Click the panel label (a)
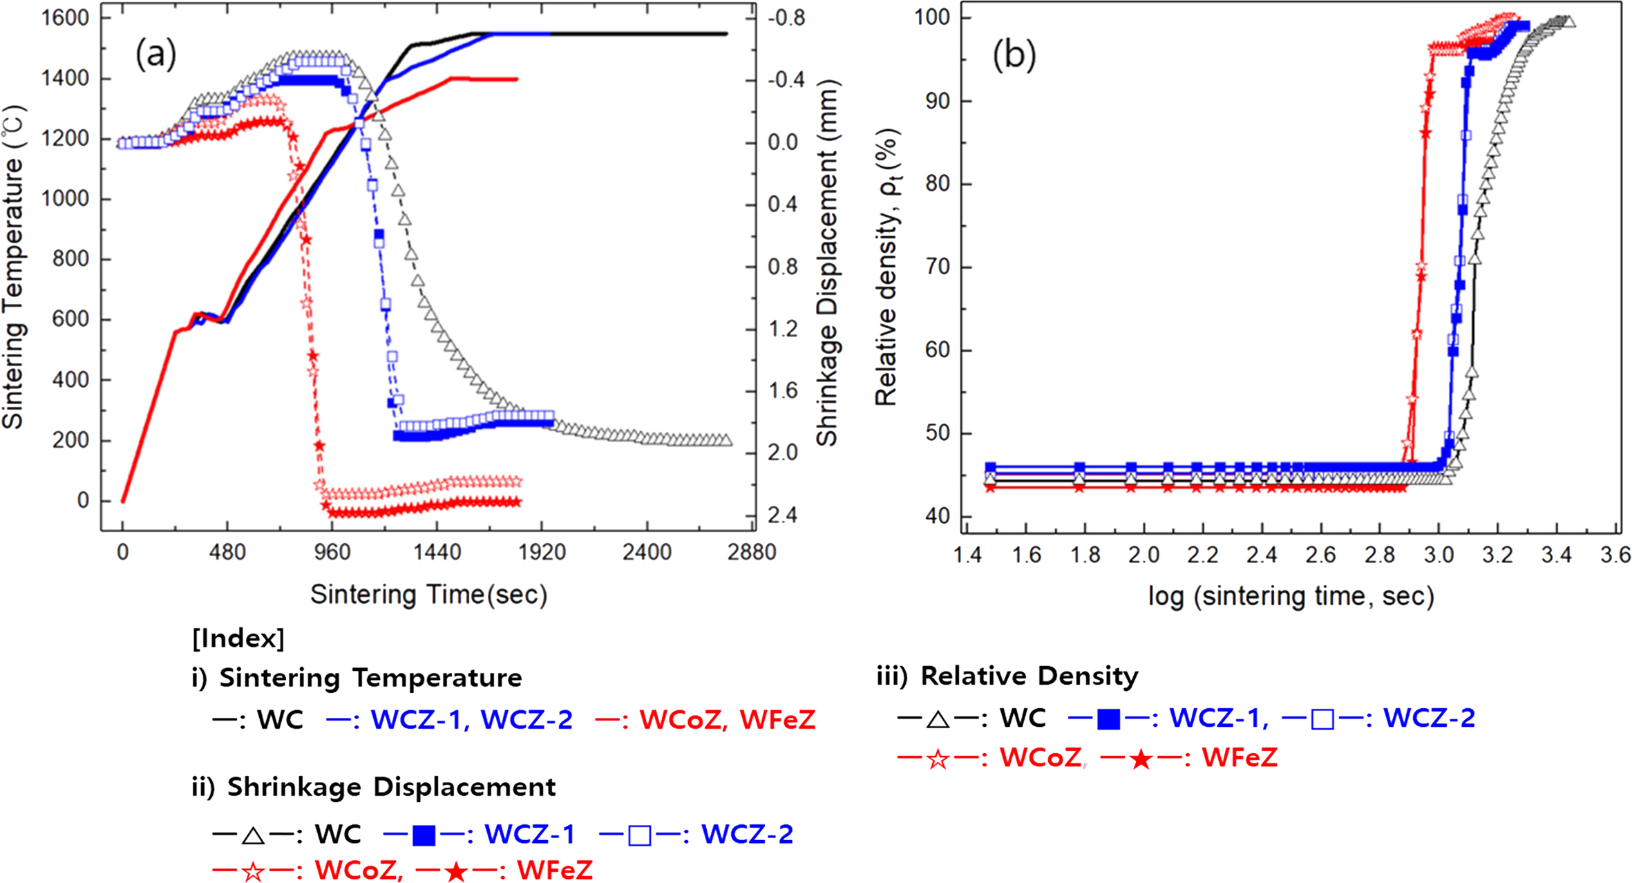click(156, 54)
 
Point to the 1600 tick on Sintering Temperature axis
click(66, 18)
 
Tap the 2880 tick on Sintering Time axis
click(752, 553)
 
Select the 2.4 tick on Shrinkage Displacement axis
click(782, 515)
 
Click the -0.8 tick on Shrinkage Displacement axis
click(786, 18)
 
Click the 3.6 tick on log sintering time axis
click(1615, 555)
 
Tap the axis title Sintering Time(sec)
click(428, 595)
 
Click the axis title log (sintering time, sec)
click(1291, 596)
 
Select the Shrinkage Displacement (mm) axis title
click(827, 263)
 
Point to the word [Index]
click(238, 638)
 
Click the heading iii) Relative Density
click(1007, 676)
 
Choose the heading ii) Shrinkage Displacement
click(374, 787)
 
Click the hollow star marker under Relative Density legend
click(938, 759)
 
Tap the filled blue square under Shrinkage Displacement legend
click(424, 836)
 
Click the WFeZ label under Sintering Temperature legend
click(777, 720)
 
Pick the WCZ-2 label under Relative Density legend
click(1429, 719)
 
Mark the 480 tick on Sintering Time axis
click(227, 553)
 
